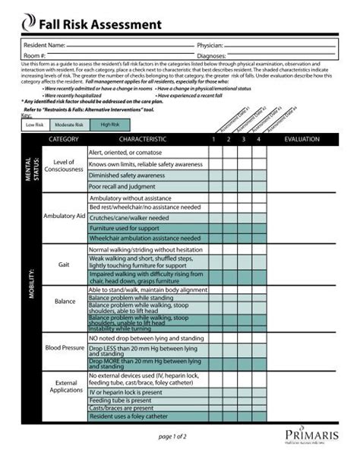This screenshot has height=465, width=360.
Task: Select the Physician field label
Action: [x=210, y=46]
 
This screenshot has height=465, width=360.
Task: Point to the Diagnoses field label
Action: [x=210, y=55]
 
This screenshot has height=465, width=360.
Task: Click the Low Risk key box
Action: [x=34, y=124]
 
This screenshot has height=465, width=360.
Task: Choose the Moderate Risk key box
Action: [x=69, y=124]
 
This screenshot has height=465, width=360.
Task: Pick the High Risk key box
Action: [x=109, y=124]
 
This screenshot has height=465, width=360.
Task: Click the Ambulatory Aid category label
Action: [x=64, y=217]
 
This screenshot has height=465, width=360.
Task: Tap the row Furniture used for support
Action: [x=125, y=228]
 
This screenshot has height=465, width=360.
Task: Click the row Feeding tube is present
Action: [x=121, y=400]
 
